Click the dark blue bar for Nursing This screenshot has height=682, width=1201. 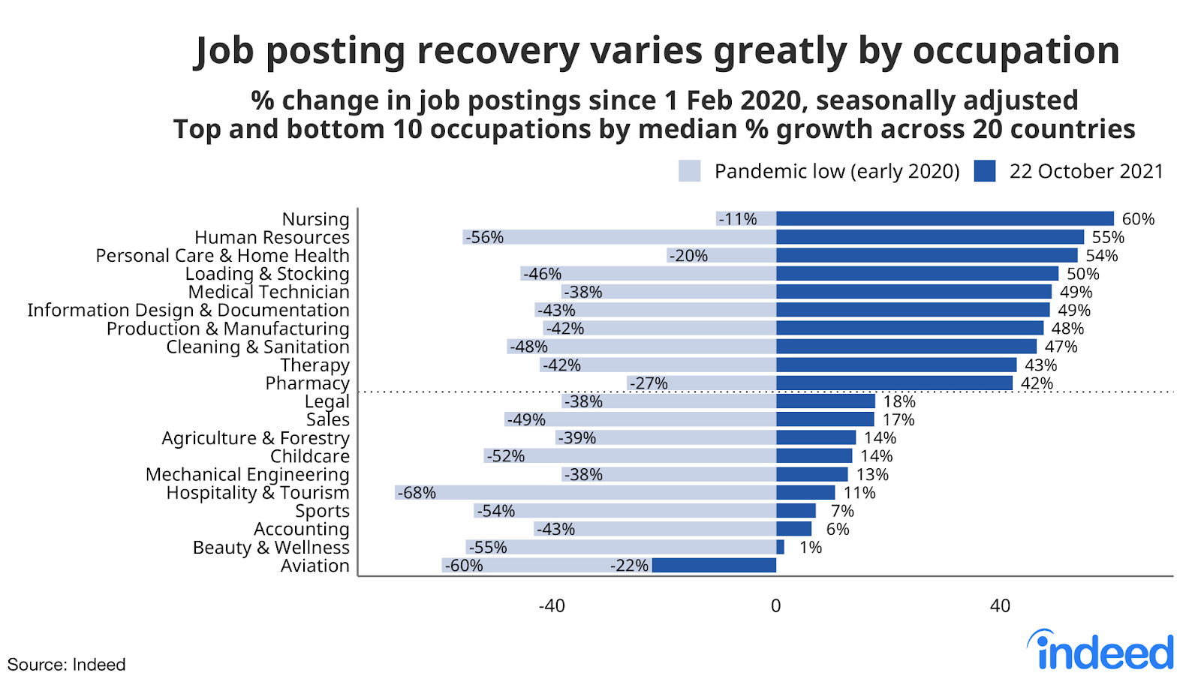944,219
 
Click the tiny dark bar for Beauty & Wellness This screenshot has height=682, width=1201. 780,548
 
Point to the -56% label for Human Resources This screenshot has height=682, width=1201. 484,238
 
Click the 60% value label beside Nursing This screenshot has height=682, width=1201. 1138,219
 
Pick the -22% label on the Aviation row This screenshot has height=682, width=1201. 629,566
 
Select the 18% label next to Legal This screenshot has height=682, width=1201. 899,401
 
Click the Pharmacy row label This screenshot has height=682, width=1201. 307,383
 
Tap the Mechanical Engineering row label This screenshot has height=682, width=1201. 247,475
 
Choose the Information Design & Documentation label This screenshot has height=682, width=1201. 188,311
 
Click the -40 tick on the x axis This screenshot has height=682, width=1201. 552,606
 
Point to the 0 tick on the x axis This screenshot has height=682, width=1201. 776,606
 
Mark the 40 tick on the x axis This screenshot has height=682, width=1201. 1000,606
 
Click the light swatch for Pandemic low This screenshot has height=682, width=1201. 689,171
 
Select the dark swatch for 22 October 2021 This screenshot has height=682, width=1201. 984,171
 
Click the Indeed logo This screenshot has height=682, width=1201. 1101,651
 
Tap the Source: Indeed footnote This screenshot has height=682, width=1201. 66,665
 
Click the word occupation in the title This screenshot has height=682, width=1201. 1016,51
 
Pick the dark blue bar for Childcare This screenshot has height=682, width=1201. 814,456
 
